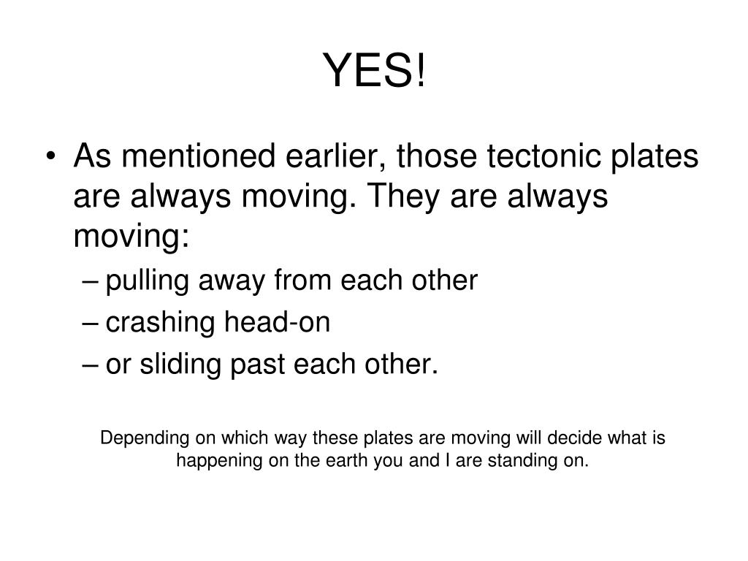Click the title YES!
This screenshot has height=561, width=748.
(374, 70)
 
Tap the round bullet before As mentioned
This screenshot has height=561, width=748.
(51, 156)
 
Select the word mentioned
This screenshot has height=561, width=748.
(199, 156)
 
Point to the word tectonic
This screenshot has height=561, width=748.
(543, 156)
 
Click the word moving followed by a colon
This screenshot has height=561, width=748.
(131, 236)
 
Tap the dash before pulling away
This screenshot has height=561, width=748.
(90, 280)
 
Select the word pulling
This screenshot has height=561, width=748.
(148, 280)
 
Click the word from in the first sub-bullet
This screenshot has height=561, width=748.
(302, 280)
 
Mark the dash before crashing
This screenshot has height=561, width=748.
(90, 322)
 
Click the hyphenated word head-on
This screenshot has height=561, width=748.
(277, 321)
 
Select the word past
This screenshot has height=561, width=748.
(258, 365)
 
